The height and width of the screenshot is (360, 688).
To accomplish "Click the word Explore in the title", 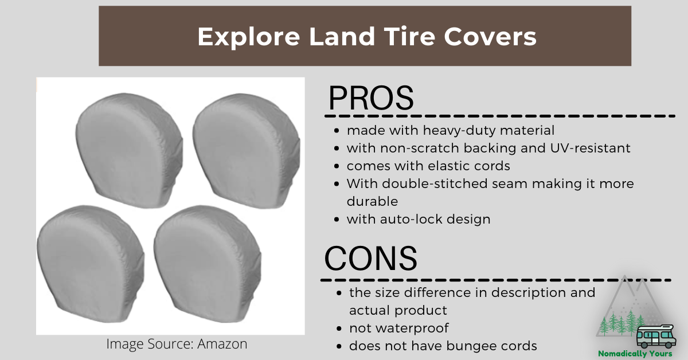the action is tap(248, 37).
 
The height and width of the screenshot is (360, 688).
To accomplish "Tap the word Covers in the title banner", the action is tap(490, 37).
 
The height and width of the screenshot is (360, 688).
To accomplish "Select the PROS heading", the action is tap(371, 98).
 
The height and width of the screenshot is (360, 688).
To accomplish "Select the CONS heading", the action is tap(371, 259).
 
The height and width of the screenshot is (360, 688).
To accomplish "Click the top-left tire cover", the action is tap(129, 151).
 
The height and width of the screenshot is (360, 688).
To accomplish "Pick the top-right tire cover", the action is tap(247, 151).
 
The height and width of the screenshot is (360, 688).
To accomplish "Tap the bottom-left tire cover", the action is tap(91, 264).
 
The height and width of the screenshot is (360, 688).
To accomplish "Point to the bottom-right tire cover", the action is tap(208, 264).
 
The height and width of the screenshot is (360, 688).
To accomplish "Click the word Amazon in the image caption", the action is tap(222, 344).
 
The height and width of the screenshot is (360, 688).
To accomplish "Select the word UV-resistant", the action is tap(590, 148).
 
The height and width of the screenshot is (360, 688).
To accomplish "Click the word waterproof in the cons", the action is tap(412, 328).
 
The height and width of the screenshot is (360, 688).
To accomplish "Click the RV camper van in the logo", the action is tap(656, 336).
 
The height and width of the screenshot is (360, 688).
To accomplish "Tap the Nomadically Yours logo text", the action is tap(635, 354).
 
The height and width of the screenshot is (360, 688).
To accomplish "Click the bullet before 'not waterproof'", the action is tap(339, 328).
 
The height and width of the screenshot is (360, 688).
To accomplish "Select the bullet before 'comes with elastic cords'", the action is tap(337, 166).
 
